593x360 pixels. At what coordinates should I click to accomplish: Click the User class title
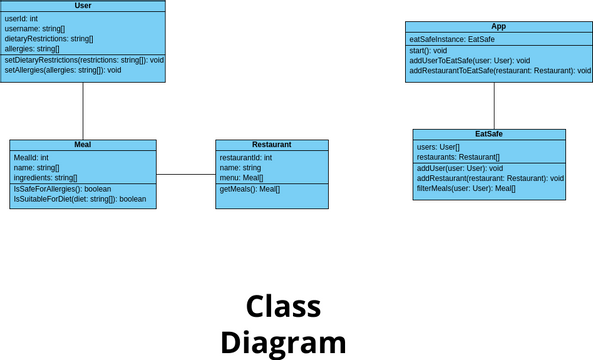click(83, 6)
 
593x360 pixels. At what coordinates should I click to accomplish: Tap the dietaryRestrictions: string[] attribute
click(49, 38)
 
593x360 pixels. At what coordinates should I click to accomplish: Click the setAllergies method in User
click(63, 70)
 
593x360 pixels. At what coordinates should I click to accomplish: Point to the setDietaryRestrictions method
click(84, 60)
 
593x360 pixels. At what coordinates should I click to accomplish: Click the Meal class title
click(83, 145)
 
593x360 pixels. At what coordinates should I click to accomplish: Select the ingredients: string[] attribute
click(45, 177)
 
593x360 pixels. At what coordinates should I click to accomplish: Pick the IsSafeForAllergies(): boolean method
click(62, 189)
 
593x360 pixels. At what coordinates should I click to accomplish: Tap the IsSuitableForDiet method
click(79, 199)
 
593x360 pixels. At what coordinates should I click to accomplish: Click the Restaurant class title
click(272, 145)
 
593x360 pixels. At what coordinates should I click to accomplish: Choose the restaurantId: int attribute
click(246, 158)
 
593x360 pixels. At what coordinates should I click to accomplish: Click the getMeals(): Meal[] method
click(249, 189)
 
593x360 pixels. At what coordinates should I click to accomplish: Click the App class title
click(498, 27)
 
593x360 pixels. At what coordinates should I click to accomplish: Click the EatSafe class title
click(489, 134)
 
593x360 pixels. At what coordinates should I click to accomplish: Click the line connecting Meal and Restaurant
click(186, 174)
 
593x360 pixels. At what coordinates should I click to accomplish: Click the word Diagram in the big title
click(283, 343)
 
